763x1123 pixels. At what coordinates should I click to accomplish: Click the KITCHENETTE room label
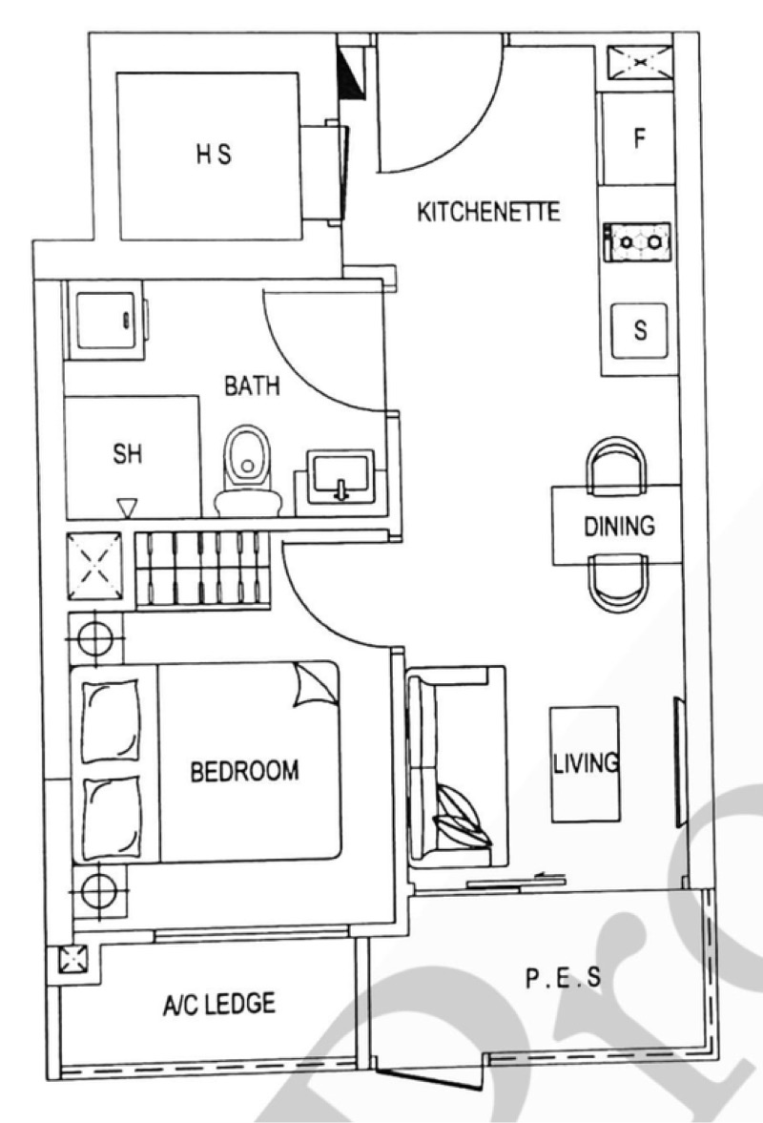click(488, 212)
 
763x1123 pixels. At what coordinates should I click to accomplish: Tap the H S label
click(214, 154)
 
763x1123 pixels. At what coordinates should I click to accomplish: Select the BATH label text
click(252, 386)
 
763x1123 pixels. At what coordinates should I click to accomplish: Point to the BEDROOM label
click(244, 771)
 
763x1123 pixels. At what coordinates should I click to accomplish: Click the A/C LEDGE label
click(218, 1004)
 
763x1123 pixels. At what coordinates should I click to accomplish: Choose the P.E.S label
click(564, 978)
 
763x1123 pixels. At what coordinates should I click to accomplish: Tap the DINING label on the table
click(619, 526)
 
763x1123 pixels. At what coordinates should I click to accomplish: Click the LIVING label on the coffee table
click(586, 763)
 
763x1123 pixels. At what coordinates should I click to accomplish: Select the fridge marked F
click(637, 137)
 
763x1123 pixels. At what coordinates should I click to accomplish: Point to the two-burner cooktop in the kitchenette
click(637, 242)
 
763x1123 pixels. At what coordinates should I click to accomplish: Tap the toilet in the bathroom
click(248, 472)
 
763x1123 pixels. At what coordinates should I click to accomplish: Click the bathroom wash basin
click(340, 476)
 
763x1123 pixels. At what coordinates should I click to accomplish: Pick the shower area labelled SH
click(131, 456)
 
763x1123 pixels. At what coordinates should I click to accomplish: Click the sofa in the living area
click(455, 768)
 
